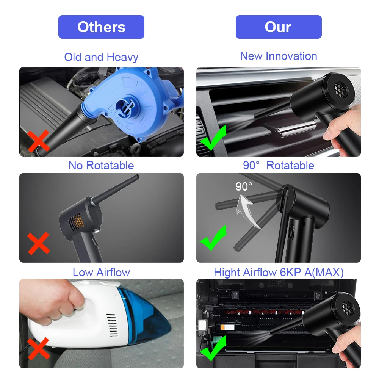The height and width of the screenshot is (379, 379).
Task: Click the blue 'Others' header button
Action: (x=101, y=27)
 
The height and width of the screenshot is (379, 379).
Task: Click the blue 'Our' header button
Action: (x=279, y=27)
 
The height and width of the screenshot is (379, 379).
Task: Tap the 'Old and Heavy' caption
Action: (x=101, y=57)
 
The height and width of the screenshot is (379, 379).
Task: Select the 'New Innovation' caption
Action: (x=279, y=56)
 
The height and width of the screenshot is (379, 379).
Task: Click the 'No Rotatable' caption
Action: (x=101, y=166)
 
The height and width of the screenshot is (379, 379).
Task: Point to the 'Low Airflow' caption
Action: (x=101, y=272)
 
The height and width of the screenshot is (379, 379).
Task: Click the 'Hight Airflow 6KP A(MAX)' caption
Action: (x=279, y=272)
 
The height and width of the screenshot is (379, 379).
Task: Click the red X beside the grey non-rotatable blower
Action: (x=38, y=243)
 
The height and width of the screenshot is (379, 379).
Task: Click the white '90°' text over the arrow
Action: (x=244, y=186)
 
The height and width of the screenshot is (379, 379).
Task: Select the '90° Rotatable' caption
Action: (x=279, y=166)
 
